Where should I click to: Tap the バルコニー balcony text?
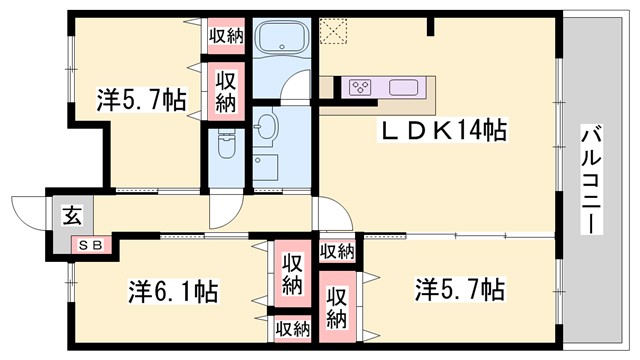[x=592, y=179]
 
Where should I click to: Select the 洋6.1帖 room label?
[x=173, y=292]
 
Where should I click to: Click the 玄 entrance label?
[x=74, y=213]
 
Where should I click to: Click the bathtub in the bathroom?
[x=282, y=42]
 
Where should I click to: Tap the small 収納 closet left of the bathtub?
[x=226, y=35]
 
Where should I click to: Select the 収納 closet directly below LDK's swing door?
[x=337, y=251]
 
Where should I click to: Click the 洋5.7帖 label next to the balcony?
[x=459, y=291]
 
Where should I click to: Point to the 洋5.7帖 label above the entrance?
[x=141, y=100]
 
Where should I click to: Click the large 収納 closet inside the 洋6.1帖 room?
[x=291, y=273]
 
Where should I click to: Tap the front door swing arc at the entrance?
[x=28, y=211]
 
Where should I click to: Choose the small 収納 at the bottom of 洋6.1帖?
[x=292, y=328]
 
